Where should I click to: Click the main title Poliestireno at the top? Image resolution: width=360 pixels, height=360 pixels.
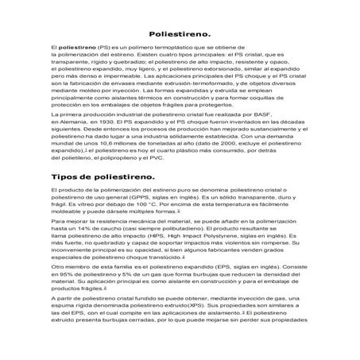pos(180,35)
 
